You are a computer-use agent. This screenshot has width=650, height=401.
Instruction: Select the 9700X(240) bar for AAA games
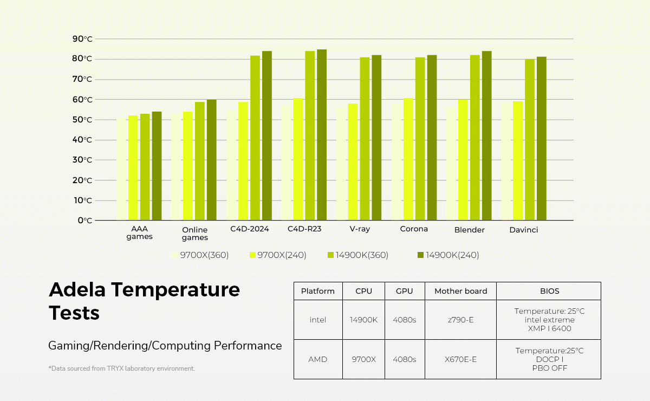click(x=133, y=167)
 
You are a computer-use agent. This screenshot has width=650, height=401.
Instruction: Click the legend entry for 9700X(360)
click(x=201, y=255)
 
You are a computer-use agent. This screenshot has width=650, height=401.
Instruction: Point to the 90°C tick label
click(x=82, y=38)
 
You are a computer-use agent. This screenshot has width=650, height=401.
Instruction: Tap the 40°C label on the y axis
click(x=82, y=140)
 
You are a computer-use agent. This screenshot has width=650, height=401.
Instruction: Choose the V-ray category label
click(x=360, y=229)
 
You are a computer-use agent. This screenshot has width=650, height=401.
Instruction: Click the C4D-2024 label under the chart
click(x=250, y=229)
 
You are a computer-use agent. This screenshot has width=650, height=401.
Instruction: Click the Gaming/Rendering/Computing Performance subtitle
click(x=165, y=346)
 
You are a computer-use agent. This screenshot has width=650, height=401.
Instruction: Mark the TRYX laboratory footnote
click(x=121, y=368)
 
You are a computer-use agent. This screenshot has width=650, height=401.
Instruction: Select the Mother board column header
click(x=460, y=291)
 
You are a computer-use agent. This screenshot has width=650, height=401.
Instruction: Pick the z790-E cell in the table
click(x=460, y=320)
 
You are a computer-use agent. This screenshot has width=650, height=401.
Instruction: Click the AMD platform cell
click(x=318, y=359)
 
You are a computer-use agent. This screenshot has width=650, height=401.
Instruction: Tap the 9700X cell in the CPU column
click(x=364, y=359)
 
